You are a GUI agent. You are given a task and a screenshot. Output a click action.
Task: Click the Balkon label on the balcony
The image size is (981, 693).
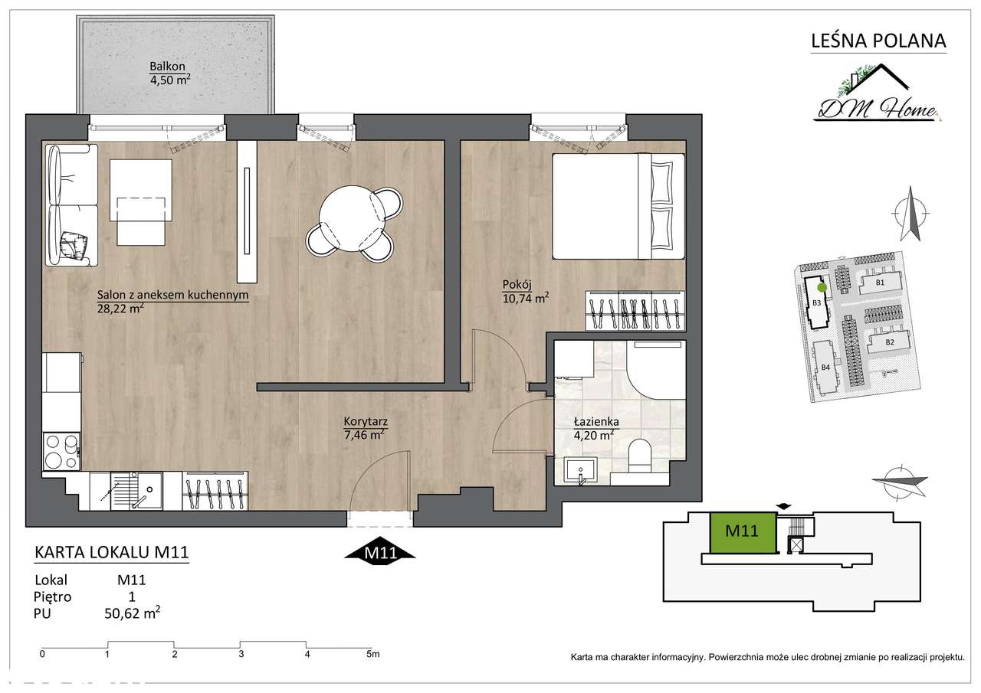(167, 67)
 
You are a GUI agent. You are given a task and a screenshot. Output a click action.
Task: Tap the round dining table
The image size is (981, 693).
(353, 219)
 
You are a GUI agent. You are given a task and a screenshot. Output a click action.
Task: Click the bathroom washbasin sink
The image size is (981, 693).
(580, 471)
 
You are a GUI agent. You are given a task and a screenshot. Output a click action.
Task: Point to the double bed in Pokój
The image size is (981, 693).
(618, 206)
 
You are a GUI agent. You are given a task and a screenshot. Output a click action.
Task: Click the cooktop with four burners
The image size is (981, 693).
(61, 452)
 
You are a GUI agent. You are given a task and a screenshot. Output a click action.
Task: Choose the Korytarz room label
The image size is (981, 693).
(366, 421)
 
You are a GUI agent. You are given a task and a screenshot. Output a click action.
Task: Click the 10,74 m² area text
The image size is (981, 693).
(526, 299)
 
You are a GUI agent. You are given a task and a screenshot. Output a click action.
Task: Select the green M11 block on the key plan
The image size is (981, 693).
(742, 532)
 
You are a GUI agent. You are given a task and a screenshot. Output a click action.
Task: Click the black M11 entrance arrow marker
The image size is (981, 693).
(379, 553)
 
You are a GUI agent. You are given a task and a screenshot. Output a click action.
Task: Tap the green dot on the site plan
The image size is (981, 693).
(822, 287)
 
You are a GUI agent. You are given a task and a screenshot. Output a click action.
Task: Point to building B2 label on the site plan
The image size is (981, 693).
(890, 342)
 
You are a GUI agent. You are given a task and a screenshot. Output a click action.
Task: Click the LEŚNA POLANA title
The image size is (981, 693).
(878, 41)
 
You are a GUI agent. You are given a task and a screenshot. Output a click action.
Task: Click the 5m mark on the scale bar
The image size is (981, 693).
(373, 654)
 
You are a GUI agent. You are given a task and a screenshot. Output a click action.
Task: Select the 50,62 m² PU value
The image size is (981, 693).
(132, 613)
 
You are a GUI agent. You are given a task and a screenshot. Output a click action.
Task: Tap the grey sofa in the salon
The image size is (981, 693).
(72, 205)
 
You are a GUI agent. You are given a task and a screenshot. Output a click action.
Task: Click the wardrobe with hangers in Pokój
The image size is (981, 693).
(635, 310)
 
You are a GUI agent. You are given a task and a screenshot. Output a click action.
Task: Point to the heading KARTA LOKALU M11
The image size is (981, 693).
(111, 552)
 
